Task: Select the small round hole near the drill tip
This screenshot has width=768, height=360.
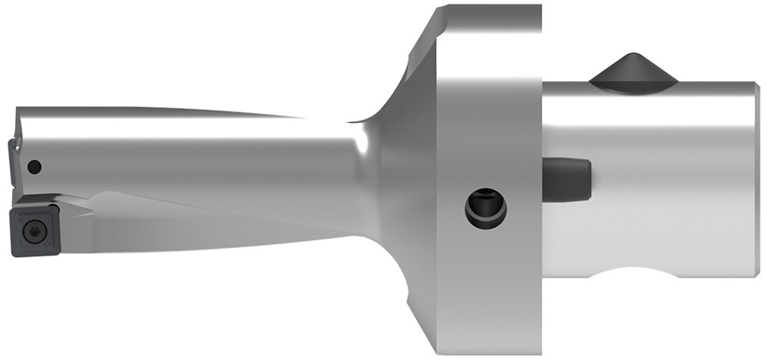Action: [x=32, y=165]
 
